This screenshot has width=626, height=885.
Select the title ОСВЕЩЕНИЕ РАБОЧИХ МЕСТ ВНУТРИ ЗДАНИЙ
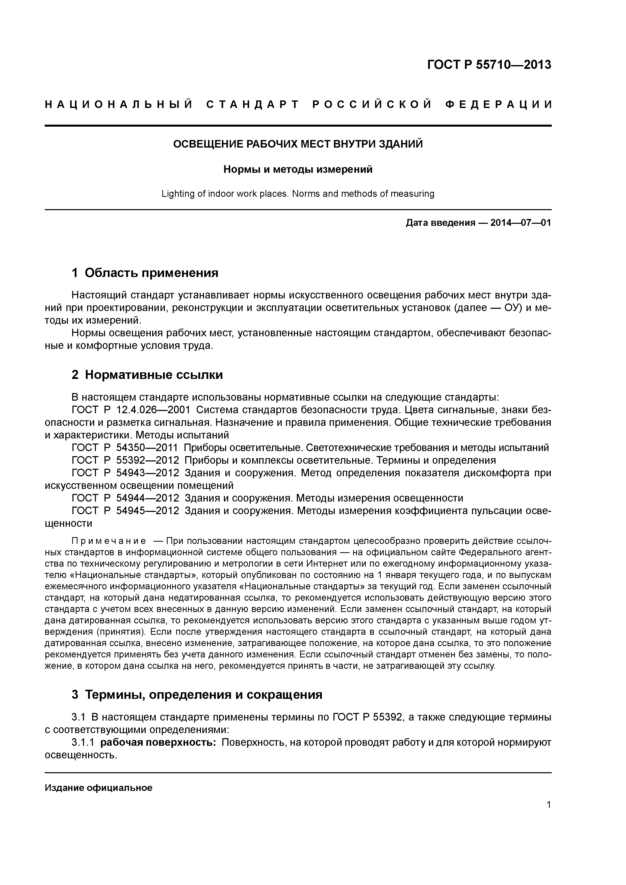(x=298, y=144)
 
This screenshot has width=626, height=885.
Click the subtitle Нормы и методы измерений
(x=298, y=170)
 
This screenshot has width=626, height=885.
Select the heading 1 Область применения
(x=145, y=273)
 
